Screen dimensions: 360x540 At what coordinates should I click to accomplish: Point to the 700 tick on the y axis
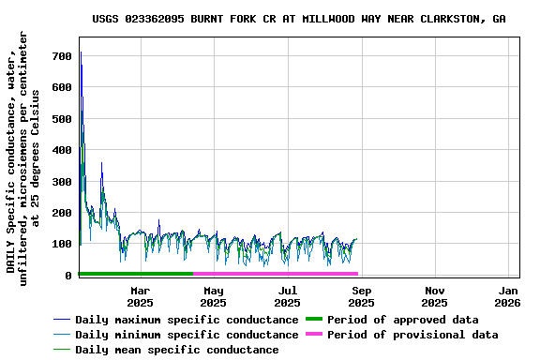62,56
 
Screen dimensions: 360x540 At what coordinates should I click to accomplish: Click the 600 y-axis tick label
62,88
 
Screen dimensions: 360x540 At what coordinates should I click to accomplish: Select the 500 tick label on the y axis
62,119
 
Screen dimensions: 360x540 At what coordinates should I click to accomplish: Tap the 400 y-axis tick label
62,150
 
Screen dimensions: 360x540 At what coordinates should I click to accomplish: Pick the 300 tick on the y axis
62,182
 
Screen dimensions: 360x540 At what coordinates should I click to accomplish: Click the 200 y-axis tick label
62,213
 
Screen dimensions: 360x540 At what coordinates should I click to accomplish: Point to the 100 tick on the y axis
62,244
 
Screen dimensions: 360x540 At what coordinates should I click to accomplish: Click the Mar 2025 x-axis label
140,296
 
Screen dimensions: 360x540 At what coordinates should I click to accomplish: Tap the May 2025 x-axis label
213,296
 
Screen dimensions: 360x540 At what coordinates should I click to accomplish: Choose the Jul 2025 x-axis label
287,296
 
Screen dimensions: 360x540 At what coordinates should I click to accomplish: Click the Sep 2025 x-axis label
361,296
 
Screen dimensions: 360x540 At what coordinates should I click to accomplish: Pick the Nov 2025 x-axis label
434,296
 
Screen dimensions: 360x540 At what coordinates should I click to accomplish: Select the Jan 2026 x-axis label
507,296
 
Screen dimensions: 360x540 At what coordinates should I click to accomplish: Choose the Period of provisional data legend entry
412,335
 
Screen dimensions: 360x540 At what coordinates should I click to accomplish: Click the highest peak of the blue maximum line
81,52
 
